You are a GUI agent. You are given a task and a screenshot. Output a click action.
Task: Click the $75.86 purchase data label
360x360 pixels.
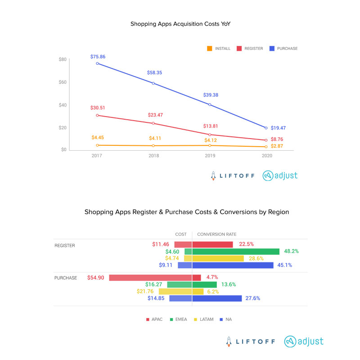(x=97, y=57)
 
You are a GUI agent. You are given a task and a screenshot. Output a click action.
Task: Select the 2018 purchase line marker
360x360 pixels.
(x=153, y=83)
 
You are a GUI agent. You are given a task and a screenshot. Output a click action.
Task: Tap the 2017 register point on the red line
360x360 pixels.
(x=97, y=115)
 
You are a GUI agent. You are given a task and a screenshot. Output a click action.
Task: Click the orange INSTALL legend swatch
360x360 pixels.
(x=209, y=49)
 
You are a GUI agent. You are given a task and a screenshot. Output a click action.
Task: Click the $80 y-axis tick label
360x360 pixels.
(x=63, y=59)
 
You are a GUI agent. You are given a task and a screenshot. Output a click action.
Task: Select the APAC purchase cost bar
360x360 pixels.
(x=150, y=278)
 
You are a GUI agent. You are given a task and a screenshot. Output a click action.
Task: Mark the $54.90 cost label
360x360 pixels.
(x=96, y=278)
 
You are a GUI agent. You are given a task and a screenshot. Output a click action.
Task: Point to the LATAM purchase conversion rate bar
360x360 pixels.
(x=198, y=291)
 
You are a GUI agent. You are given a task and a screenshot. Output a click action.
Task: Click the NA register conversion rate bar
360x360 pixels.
(x=233, y=265)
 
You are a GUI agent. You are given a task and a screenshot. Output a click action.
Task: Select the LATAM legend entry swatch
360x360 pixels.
(x=195, y=319)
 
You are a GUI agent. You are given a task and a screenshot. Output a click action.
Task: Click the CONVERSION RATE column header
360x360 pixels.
(x=216, y=234)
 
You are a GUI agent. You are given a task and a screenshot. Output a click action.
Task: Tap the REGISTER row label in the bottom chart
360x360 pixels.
(x=65, y=246)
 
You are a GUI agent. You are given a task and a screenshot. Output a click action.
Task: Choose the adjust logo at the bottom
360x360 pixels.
(x=304, y=341)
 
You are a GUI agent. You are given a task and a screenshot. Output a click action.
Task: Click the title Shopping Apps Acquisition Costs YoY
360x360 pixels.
(x=180, y=23)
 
